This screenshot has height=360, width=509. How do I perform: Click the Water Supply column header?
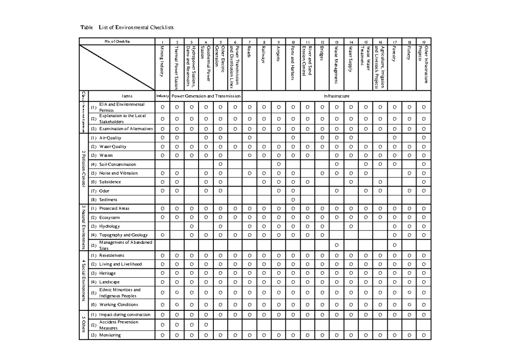pyautogui.click(x=351, y=59)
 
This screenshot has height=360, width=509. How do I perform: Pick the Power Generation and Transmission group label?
pyautogui.click(x=206, y=96)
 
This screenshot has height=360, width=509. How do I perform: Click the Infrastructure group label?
pyautogui.click(x=336, y=96)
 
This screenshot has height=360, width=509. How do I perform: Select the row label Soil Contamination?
pyautogui.click(x=117, y=165)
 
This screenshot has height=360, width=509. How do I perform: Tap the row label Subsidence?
pyautogui.click(x=110, y=182)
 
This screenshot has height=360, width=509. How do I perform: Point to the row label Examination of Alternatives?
pyautogui.click(x=126, y=129)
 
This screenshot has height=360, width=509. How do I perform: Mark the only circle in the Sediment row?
pyautogui.click(x=293, y=200)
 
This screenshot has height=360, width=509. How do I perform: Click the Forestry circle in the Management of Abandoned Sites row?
pyautogui.click(x=394, y=245)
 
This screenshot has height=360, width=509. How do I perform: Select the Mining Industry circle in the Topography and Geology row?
pyautogui.click(x=162, y=235)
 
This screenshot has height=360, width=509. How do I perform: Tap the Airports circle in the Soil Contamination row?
pyautogui.click(x=278, y=165)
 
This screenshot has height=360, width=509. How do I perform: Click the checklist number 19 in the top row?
pyautogui.click(x=423, y=42)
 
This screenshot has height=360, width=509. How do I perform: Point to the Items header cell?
pyautogui.click(x=127, y=96)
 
